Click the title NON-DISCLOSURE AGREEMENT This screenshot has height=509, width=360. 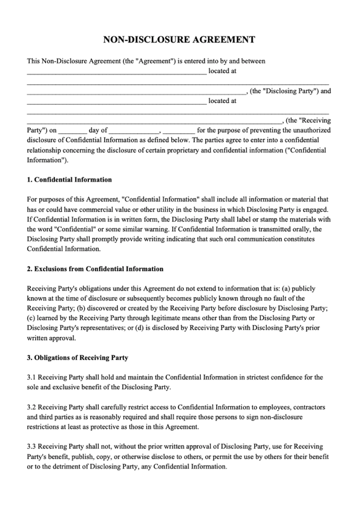pyautogui.click(x=180, y=40)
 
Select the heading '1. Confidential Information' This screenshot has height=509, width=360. pyautogui.click(x=70, y=180)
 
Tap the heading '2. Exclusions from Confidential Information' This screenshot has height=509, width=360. pyautogui.click(x=95, y=269)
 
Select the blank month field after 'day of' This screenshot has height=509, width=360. pyautogui.click(x=134, y=130)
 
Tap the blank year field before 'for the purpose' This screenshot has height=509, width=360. pyautogui.click(x=179, y=130)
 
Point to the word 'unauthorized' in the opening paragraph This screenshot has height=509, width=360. pyautogui.click(x=309, y=130)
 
